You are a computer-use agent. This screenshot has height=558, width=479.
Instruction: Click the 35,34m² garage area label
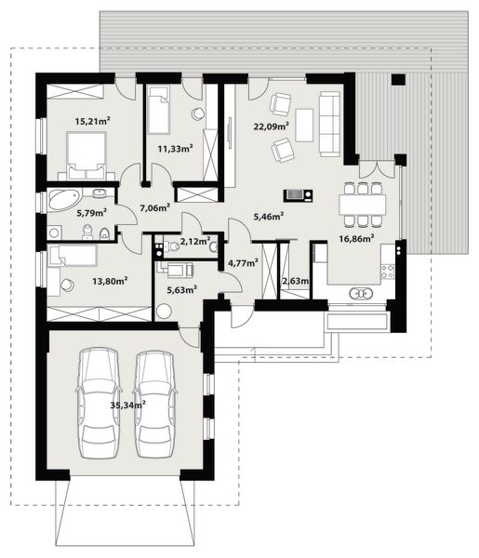point(127,405)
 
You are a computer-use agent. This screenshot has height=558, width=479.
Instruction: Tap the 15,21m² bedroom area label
point(92,121)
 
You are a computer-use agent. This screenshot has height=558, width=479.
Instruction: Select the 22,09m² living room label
point(271,126)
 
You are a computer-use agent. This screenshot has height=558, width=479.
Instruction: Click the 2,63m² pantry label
point(296,281)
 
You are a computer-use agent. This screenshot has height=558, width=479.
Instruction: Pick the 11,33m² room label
point(175,148)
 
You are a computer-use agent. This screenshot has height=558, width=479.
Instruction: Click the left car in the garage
point(99,403)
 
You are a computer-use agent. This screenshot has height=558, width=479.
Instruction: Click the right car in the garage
point(155,403)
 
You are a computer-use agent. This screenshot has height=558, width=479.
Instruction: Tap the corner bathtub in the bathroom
point(65,200)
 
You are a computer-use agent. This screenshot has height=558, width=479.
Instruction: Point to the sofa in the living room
point(329,121)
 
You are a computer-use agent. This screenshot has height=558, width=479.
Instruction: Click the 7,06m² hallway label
point(154,208)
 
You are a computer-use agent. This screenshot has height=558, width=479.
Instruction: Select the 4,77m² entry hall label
point(243,263)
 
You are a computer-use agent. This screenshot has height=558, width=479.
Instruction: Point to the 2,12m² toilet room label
point(194,242)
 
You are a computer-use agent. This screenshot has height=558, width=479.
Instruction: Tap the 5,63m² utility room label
point(181,288)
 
